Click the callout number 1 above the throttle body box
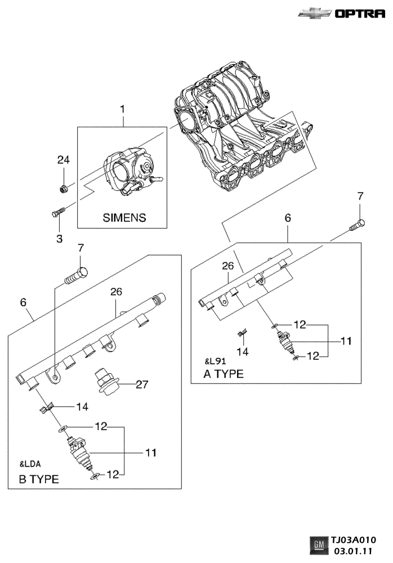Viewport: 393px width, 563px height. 123,109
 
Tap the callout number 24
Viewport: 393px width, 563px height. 64,160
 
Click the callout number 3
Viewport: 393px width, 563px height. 60,238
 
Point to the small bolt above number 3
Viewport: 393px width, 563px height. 58,212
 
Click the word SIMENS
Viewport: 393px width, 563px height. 124,217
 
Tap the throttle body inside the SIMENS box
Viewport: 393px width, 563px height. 132,171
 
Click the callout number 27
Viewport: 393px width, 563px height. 142,385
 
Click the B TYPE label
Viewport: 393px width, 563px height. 39,479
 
